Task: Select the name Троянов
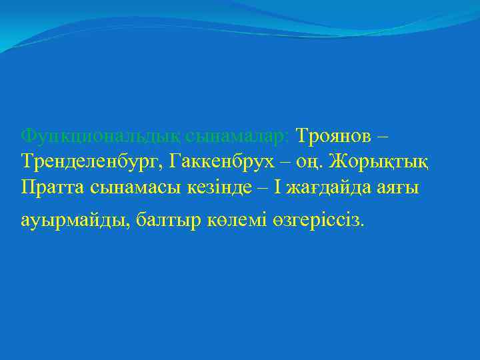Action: coord(333,136)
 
